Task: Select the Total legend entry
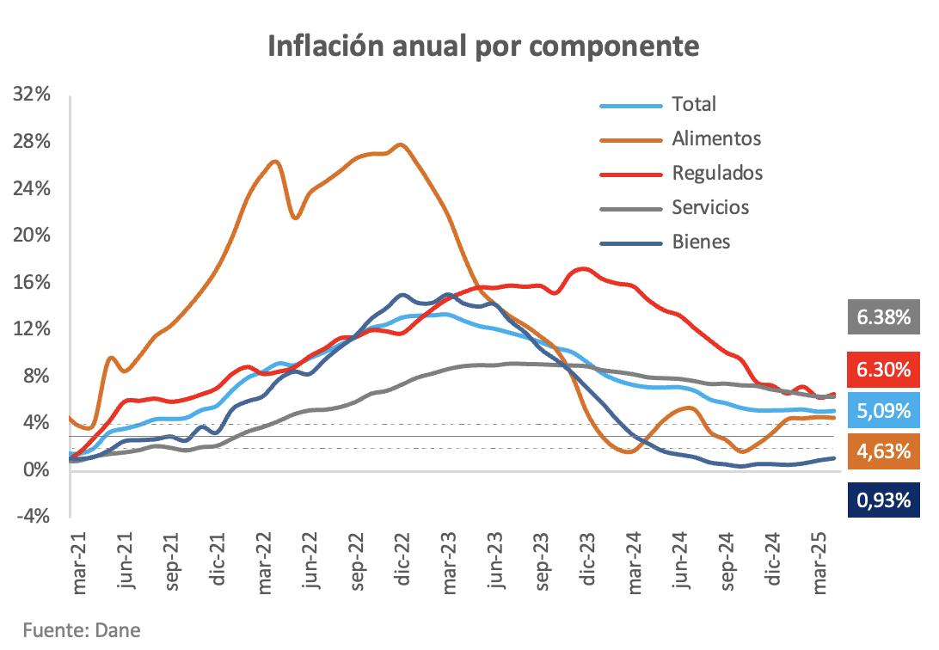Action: [x=693, y=104]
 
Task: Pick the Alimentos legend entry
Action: [x=715, y=138]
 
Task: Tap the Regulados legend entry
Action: [x=717, y=173]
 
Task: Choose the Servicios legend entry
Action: [x=710, y=207]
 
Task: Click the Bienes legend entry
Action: [x=700, y=242]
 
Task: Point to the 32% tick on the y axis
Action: [x=33, y=95]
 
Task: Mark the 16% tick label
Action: [x=33, y=283]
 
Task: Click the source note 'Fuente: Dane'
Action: [x=70, y=629]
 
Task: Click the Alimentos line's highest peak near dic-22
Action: [x=402, y=144]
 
